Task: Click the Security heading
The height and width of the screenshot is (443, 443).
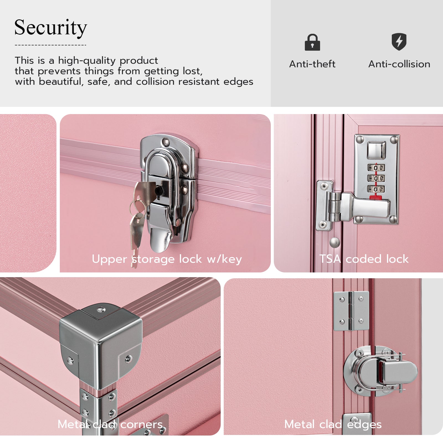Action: (x=51, y=28)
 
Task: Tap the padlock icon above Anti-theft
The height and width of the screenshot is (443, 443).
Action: (x=312, y=42)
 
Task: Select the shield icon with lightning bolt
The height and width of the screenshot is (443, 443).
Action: (x=399, y=42)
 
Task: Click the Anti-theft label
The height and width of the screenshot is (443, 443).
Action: (x=312, y=64)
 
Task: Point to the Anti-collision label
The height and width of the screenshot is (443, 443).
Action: (x=399, y=64)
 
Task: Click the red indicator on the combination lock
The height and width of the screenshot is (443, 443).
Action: (x=376, y=197)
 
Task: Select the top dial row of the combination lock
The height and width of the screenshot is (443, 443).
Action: (x=376, y=168)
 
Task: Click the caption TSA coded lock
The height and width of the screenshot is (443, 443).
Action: (x=364, y=259)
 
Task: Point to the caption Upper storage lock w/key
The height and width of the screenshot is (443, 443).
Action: (x=167, y=259)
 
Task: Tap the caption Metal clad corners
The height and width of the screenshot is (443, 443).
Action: (x=110, y=424)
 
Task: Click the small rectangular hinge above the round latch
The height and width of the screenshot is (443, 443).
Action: (x=351, y=311)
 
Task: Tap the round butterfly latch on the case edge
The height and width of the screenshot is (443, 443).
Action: (x=380, y=371)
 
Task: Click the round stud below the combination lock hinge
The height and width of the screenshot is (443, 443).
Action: (x=334, y=243)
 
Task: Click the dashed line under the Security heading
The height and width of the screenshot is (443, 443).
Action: (x=50, y=45)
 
